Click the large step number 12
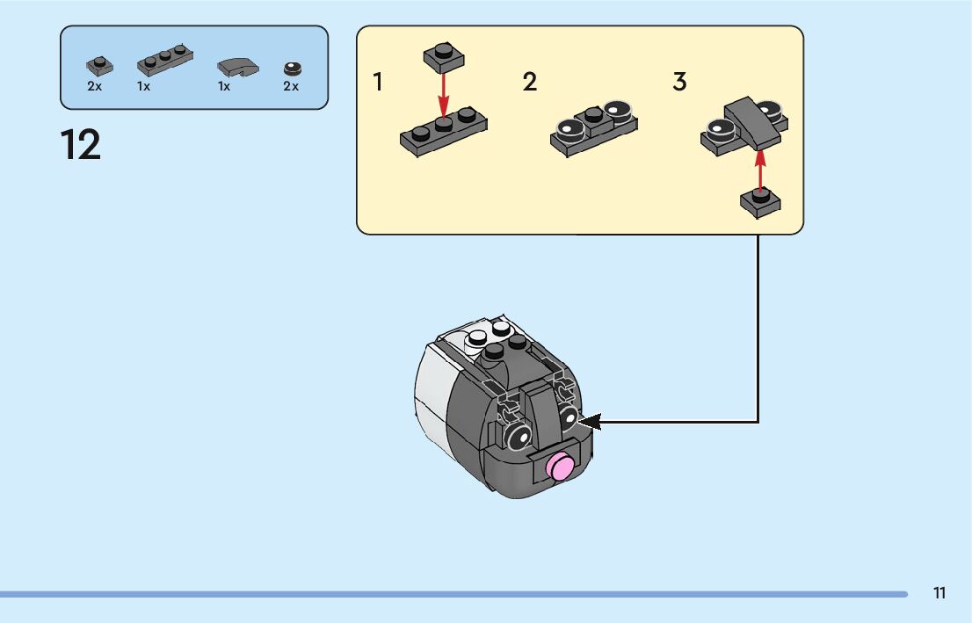[x=81, y=145]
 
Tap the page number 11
[x=939, y=593]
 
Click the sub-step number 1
[x=378, y=83]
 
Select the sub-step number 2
[x=529, y=83]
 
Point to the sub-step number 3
[x=679, y=83]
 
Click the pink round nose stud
[x=560, y=467]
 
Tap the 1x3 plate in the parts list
[x=165, y=62]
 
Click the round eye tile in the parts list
[x=292, y=68]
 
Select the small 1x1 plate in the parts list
[x=100, y=65]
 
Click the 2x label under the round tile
[x=291, y=87]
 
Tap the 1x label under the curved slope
[x=224, y=87]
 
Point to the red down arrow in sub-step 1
[x=444, y=91]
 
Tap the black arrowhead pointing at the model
[x=587, y=423]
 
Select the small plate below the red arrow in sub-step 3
[x=760, y=203]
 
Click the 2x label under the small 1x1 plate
[x=95, y=87]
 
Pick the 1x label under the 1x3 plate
[x=143, y=87]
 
